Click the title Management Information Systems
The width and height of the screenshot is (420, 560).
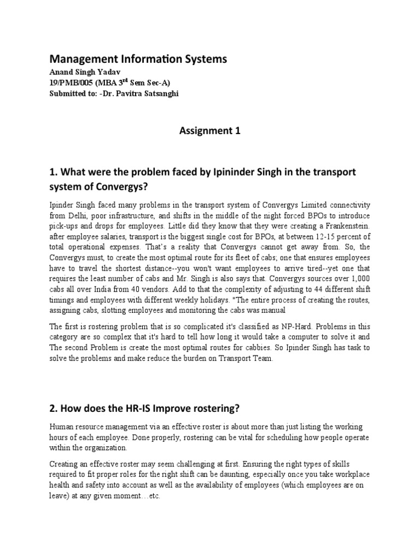click(x=138, y=59)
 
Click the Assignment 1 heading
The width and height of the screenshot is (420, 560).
click(x=209, y=131)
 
